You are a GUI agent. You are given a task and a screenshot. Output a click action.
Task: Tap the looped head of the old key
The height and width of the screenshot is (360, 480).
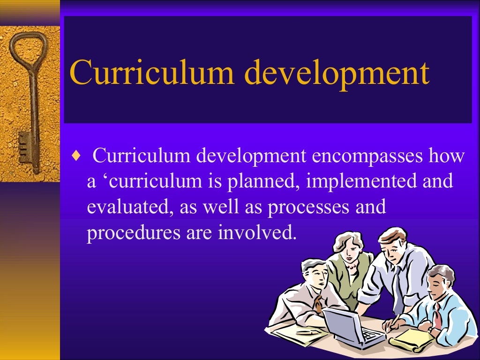click(x=27, y=49)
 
